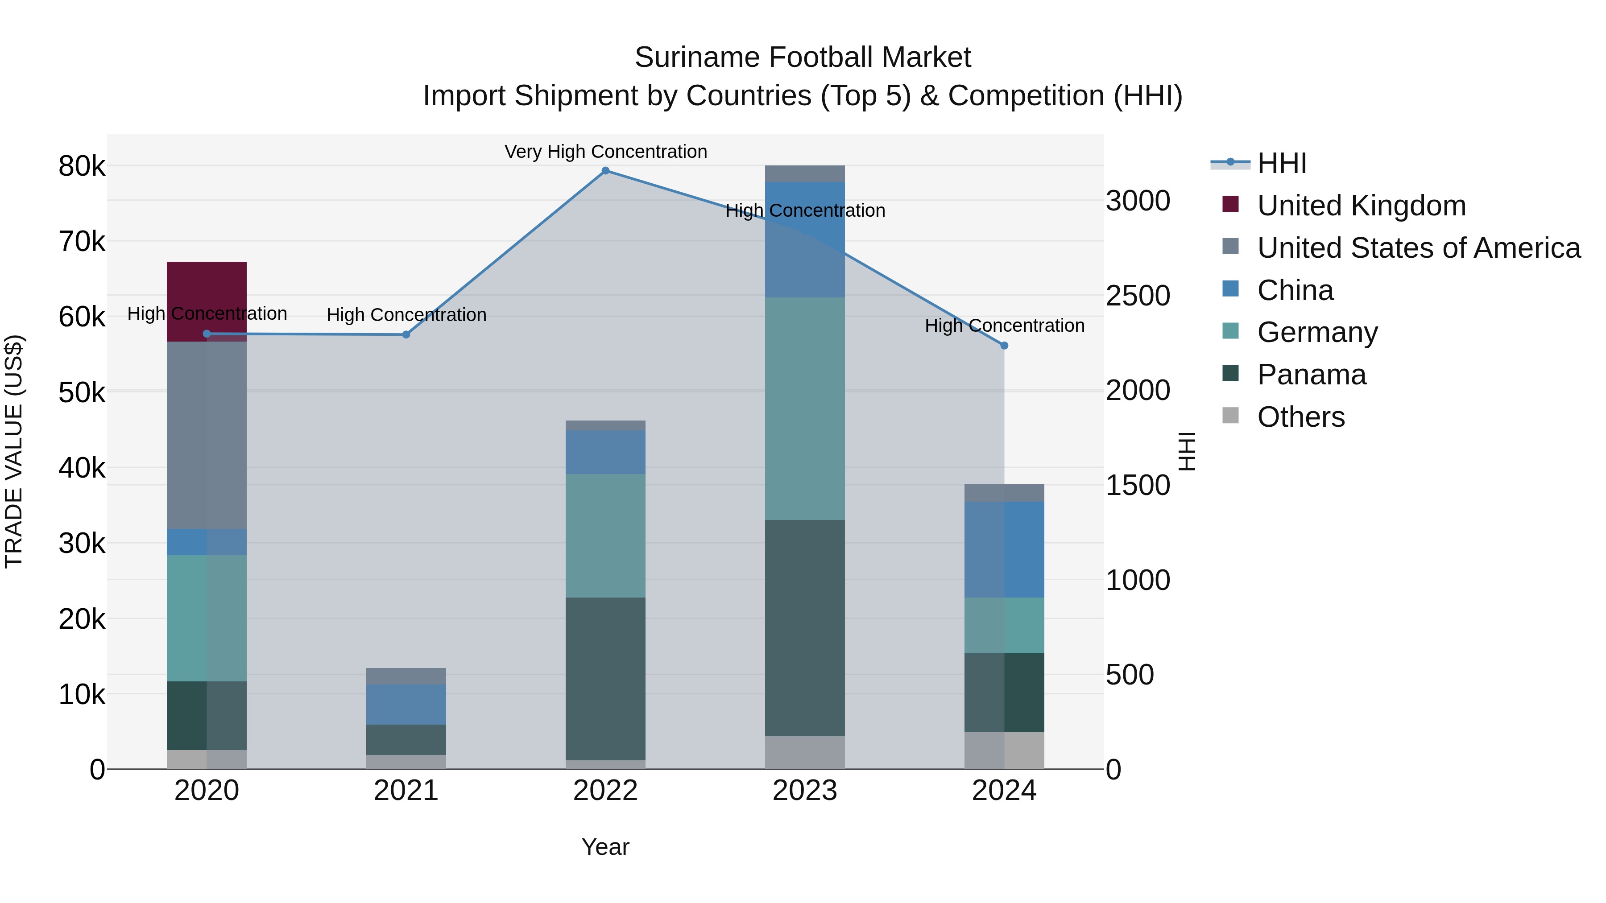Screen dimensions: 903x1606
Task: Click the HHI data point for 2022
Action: point(605,171)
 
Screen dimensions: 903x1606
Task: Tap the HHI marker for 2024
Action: point(1004,345)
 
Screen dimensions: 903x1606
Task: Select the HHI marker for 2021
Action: point(406,334)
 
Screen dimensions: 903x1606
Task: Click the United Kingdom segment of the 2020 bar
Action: point(207,287)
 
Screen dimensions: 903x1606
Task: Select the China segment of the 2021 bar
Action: point(406,704)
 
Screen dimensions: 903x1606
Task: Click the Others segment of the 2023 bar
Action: point(804,752)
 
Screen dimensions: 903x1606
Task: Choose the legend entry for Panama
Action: point(1311,375)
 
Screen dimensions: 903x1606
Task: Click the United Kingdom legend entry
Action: point(1361,206)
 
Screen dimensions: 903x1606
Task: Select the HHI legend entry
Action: point(1281,163)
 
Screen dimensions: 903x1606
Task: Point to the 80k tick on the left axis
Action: point(82,166)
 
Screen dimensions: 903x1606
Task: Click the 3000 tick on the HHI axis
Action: point(1138,201)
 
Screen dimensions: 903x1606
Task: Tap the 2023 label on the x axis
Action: point(804,791)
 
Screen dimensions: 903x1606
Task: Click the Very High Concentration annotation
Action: point(605,152)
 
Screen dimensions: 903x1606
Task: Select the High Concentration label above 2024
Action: point(1004,326)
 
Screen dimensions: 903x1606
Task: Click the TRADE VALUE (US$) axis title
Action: point(14,451)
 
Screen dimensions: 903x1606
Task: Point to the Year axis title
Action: point(605,847)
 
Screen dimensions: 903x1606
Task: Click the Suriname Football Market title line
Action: point(803,58)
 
